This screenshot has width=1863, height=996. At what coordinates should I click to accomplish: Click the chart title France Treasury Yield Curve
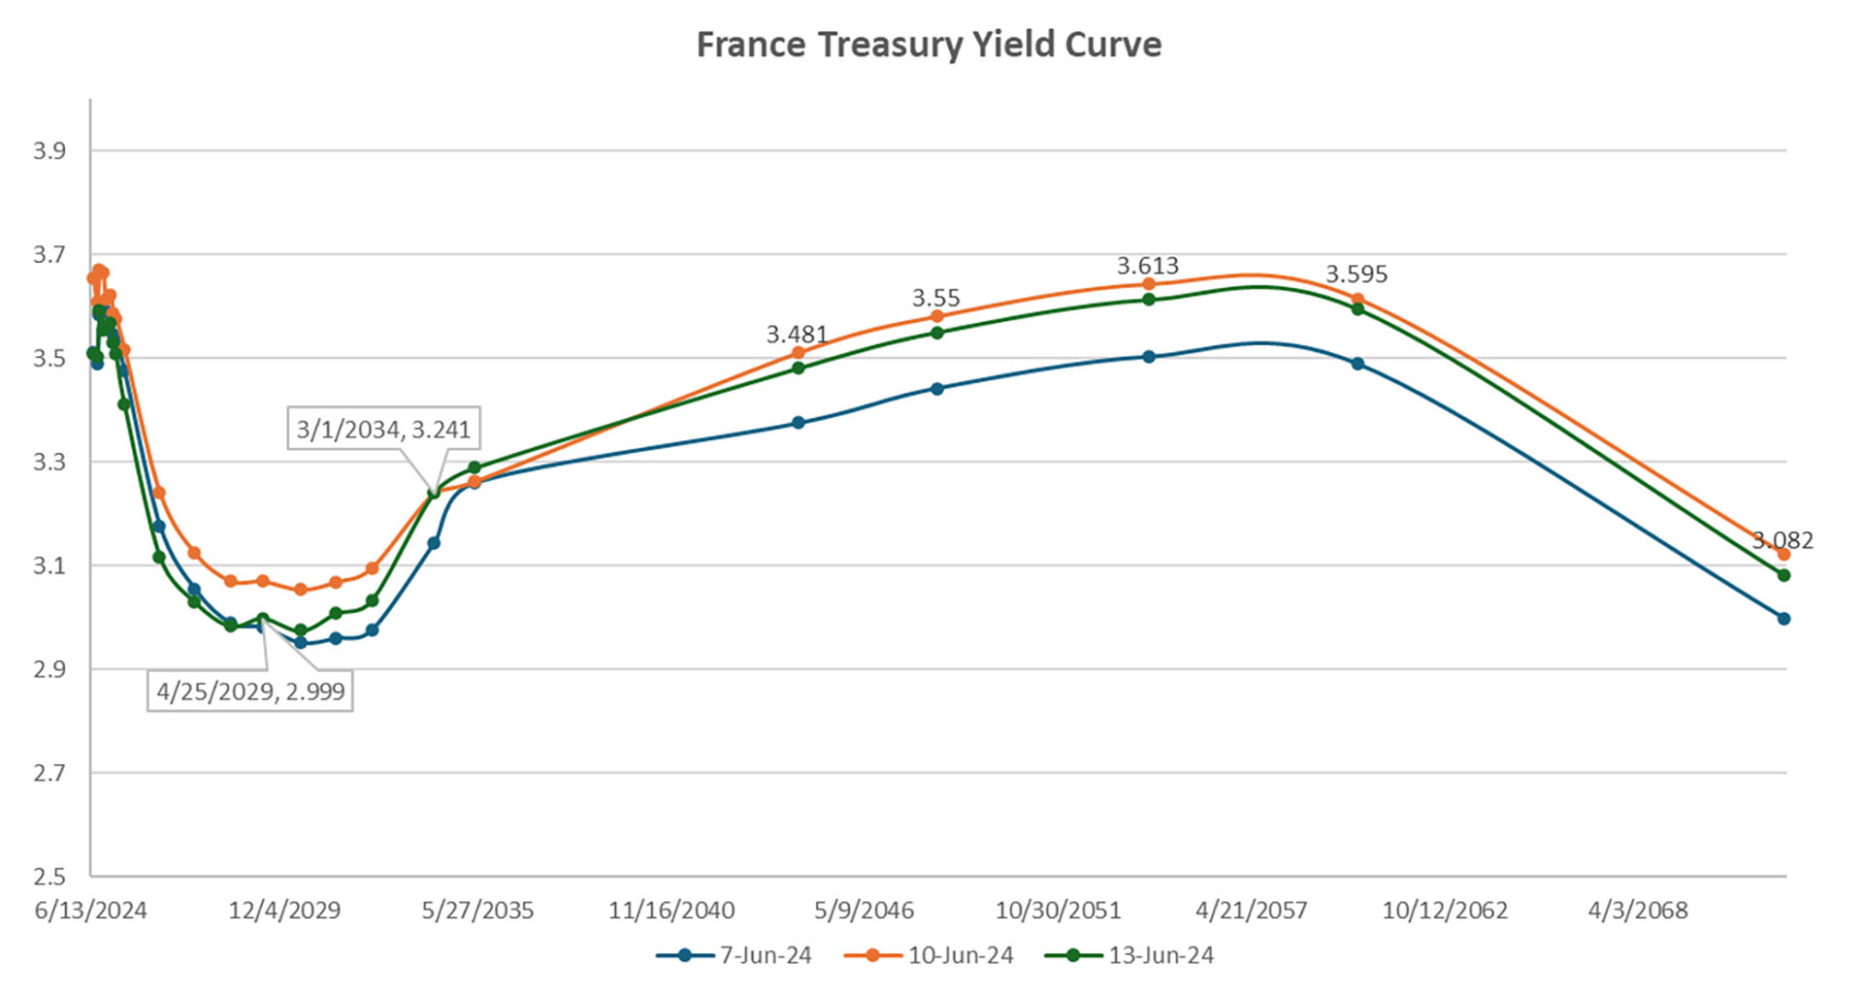[x=929, y=45]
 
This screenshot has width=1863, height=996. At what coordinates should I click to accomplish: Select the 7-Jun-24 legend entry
[x=735, y=955]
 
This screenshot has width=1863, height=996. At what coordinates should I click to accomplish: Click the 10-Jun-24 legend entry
[x=929, y=955]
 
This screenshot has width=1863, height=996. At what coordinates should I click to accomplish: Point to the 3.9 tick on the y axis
[x=49, y=150]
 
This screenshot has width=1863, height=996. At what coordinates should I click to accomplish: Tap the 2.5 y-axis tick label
[x=49, y=877]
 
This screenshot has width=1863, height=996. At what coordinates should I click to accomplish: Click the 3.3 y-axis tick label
[x=49, y=462]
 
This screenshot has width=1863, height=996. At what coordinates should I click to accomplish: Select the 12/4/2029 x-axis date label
[x=284, y=911]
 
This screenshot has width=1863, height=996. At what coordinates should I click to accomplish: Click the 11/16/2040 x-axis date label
[x=671, y=911]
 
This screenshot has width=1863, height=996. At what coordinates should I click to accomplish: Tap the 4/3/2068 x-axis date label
[x=1638, y=911]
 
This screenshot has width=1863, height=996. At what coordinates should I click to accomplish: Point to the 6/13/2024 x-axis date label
[x=91, y=911]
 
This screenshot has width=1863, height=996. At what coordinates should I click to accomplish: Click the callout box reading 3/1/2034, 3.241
[x=383, y=429]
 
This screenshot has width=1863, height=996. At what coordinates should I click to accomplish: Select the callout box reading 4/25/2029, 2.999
[x=250, y=691]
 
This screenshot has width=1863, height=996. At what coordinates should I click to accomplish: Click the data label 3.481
[x=797, y=335]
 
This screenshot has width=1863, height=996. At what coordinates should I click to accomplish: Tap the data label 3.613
[x=1148, y=266]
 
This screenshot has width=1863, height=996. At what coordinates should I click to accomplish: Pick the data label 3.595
[x=1356, y=274]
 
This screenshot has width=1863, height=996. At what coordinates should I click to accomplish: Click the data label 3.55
[x=935, y=298]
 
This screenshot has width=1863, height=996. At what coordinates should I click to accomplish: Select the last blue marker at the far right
[x=1783, y=619]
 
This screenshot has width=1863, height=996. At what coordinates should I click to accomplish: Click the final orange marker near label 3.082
[x=1783, y=554]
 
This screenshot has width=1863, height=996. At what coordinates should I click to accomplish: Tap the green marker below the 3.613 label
[x=1149, y=300]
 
